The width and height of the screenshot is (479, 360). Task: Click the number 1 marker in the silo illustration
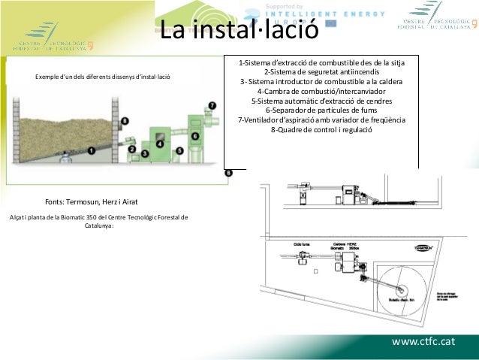tap(92, 150)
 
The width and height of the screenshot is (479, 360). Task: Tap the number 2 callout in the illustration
tap(132, 150)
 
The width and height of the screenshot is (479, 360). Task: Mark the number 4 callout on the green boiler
tap(159, 143)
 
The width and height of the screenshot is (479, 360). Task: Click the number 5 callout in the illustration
tap(179, 150)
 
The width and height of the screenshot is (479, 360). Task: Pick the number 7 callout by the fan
tap(212, 106)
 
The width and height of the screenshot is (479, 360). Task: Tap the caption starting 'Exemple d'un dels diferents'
tap(98, 77)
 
